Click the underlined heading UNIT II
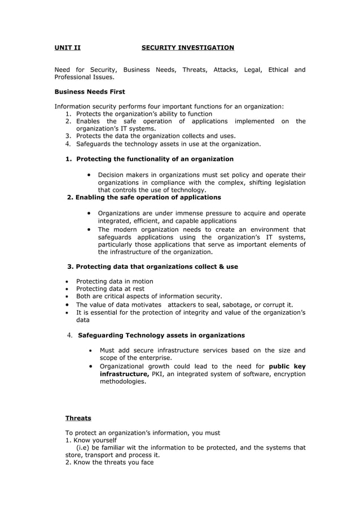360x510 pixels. click(67, 47)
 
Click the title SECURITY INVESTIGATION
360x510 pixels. click(187, 47)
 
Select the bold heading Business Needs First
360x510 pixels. click(90, 91)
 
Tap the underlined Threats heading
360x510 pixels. click(78, 418)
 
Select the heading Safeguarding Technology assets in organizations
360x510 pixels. click(161, 335)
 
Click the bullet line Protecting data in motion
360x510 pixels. click(115, 281)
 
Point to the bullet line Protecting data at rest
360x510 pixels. click(110, 289)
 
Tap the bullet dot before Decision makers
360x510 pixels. click(90, 175)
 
